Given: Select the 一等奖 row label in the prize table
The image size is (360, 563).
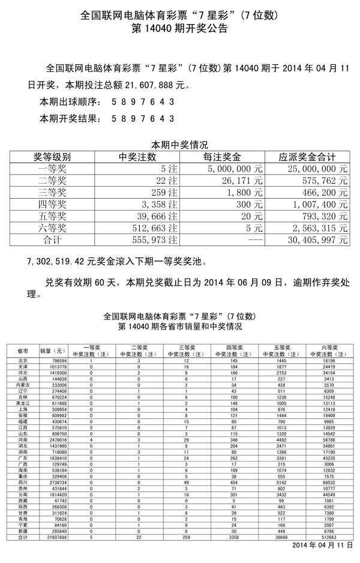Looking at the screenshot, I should (x=52, y=169).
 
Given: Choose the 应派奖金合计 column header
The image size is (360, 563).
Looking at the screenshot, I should (x=307, y=157).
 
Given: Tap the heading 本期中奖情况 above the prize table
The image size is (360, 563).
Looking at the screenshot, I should (x=179, y=145).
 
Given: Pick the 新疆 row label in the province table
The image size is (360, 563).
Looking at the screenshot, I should (x=23, y=532).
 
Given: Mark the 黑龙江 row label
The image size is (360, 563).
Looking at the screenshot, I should (x=23, y=403).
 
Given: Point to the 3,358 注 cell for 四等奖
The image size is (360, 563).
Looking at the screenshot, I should (x=158, y=205).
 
